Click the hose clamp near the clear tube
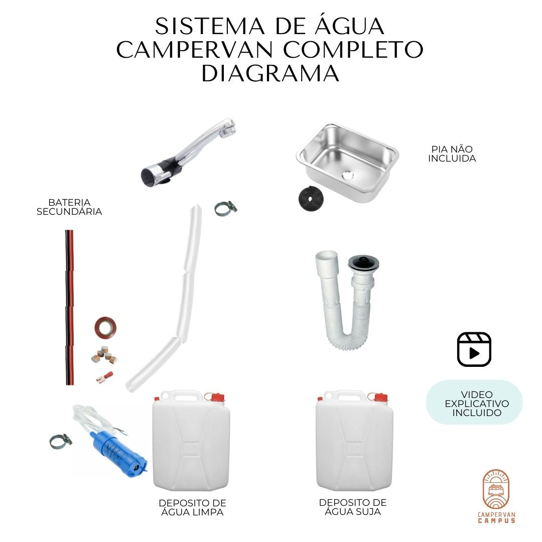pos(225,208)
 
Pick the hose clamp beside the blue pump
pos(61,441)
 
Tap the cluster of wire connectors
pos(104,354)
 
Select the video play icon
pos(474,349)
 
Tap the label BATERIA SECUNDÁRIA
pos(69,207)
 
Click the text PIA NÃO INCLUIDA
pos(452,154)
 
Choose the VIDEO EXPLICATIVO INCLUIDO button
pos(474,403)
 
